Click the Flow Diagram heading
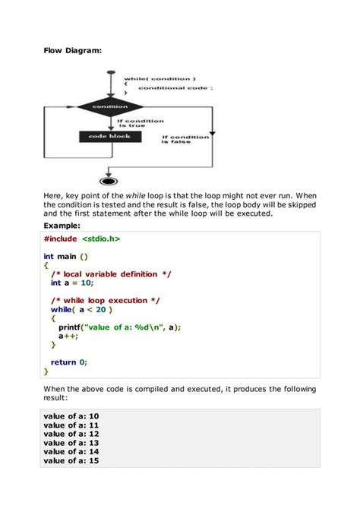[72, 51]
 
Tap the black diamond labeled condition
[110, 107]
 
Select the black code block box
[109, 137]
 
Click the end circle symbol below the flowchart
[109, 181]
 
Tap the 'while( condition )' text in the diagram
[160, 78]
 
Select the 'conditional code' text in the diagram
[174, 88]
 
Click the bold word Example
[66, 226]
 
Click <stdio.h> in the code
[101, 239]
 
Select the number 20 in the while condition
[103, 310]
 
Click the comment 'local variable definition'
[111, 273]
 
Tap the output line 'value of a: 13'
[71, 443]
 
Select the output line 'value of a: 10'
[71, 416]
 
